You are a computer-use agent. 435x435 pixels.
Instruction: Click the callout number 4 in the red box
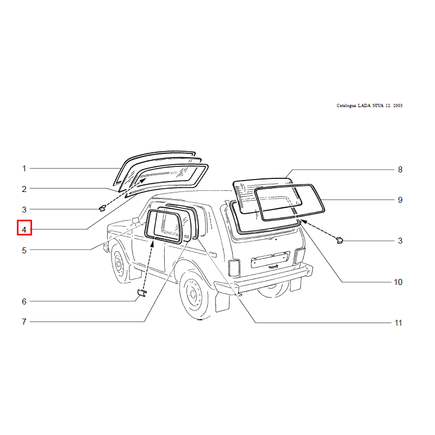tap(24, 229)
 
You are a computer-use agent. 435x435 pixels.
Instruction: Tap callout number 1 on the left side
tap(24, 169)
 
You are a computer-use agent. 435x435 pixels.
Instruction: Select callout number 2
tap(24, 189)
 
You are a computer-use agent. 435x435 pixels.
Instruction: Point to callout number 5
tap(24, 250)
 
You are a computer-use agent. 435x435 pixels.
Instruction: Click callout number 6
tap(24, 301)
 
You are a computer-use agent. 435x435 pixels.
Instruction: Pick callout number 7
tap(24, 321)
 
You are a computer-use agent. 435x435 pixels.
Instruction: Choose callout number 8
tap(400, 170)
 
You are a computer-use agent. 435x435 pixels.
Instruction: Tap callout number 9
tap(400, 200)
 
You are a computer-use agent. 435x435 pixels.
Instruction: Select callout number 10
tap(398, 282)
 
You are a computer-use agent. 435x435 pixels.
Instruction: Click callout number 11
tap(399, 323)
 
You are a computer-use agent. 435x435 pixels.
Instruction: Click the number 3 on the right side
tap(400, 240)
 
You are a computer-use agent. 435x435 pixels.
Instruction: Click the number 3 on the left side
tap(24, 209)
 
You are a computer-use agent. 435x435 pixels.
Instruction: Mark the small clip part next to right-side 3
tap(339, 240)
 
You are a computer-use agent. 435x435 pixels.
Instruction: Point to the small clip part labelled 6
tap(142, 293)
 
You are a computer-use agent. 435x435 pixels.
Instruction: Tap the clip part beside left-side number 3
tap(103, 208)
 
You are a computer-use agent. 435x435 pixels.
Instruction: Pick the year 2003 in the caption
tap(397, 105)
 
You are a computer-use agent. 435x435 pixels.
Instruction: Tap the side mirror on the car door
tap(135, 221)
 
